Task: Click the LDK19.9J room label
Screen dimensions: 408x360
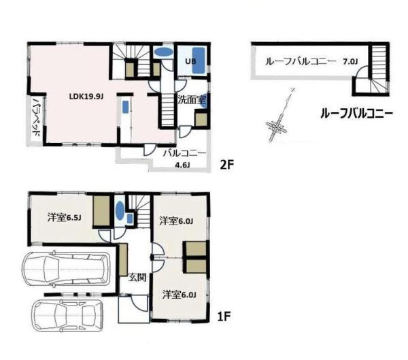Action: (x=86, y=97)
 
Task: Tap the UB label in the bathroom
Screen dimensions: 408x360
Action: (x=190, y=61)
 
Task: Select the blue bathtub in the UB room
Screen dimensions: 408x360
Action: (x=199, y=61)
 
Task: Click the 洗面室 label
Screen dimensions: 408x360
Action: (x=192, y=100)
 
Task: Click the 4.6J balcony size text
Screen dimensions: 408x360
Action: (x=182, y=165)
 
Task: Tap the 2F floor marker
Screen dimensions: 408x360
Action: (x=227, y=165)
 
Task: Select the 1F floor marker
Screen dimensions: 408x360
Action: (x=224, y=316)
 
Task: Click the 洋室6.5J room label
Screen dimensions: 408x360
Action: (x=65, y=218)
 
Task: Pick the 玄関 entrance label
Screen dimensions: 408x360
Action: (x=137, y=278)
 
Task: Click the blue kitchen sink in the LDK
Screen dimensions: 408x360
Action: (x=126, y=107)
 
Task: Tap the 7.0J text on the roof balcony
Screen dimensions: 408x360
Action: (x=350, y=62)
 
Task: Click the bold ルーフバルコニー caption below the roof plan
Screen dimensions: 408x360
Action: (x=356, y=114)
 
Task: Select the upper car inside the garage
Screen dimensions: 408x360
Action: (x=66, y=269)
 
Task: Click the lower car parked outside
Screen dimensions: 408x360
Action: (x=67, y=315)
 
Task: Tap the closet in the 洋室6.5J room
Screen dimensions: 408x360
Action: (x=101, y=211)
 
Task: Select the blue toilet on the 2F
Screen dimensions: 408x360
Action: (x=163, y=52)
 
